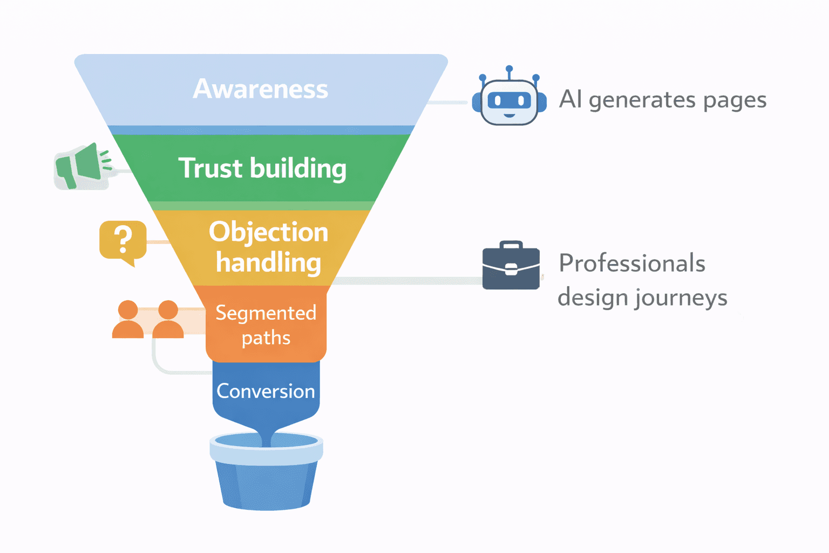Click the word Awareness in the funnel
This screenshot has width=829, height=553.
(260, 89)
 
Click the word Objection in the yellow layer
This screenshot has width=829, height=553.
(268, 232)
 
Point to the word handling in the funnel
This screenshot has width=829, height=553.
(268, 262)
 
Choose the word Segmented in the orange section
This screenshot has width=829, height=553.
(266, 313)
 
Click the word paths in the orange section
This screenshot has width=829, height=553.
(266, 338)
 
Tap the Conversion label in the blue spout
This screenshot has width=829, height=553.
(266, 391)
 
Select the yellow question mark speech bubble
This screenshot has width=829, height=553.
(123, 241)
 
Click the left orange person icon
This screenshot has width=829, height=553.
(128, 320)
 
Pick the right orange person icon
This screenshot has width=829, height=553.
(168, 320)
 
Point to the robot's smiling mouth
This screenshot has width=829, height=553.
(509, 115)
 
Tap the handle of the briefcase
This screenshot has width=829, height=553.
(511, 245)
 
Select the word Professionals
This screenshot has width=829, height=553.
(631, 264)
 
